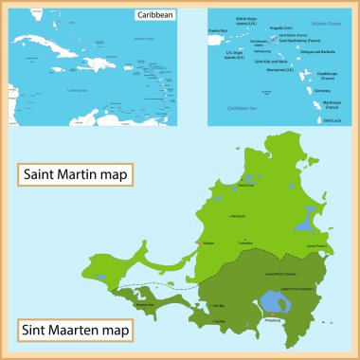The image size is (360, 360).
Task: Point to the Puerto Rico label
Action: tap(219, 31)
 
